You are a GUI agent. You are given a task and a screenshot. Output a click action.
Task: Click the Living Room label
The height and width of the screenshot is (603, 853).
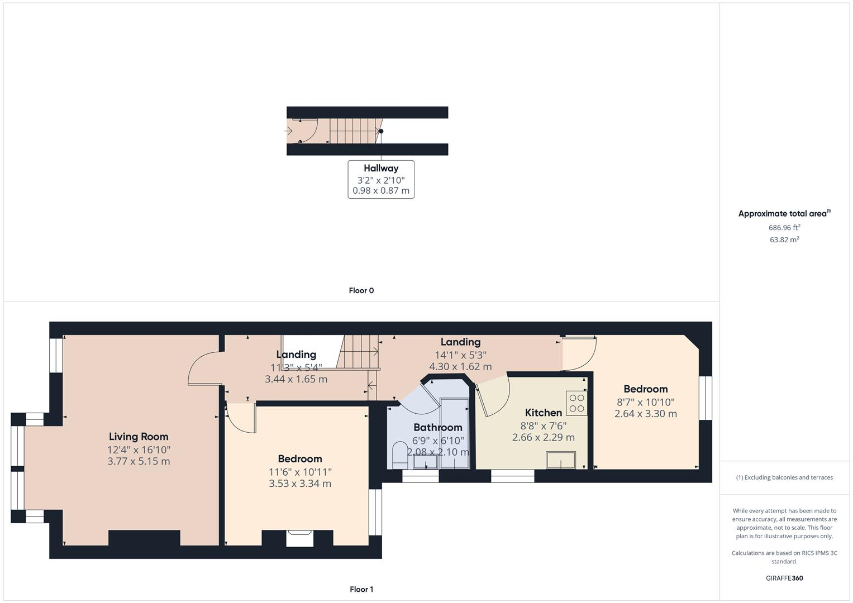pos(138,437)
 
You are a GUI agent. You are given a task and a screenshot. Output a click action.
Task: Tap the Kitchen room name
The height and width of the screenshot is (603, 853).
pos(543,413)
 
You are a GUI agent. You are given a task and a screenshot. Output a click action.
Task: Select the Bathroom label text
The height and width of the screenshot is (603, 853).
pos(437,428)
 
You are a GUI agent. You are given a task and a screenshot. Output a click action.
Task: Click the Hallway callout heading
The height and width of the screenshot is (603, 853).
pos(381,168)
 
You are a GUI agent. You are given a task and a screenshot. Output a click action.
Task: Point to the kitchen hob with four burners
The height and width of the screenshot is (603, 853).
pos(576,403)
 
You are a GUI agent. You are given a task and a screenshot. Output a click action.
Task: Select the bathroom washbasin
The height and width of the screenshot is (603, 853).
pos(425,462)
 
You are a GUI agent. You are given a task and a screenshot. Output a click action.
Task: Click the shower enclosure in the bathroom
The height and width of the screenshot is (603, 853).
pos(455,427)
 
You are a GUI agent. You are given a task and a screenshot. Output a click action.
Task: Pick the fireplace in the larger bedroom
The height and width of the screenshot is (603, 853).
pos(300,538)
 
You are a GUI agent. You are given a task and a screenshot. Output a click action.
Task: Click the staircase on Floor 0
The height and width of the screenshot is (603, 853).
pos(352,131)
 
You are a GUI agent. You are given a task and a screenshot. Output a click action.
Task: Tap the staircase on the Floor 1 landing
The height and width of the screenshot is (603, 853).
pos(358,352)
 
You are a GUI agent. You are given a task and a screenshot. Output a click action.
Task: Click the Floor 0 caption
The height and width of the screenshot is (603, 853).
pos(361,290)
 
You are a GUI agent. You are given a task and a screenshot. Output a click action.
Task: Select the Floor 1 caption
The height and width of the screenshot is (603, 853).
pos(361,589)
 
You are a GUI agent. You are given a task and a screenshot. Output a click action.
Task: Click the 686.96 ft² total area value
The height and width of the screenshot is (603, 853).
pos(784,227)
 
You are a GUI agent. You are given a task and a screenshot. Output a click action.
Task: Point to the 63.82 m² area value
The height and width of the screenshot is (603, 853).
pos(784,240)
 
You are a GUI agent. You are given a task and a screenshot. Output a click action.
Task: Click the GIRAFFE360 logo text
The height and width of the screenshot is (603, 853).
pos(784,578)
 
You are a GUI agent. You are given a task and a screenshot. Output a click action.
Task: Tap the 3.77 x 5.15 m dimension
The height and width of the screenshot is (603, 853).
pos(139,461)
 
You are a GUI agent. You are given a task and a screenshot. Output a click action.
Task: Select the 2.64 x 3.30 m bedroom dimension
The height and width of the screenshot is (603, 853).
pos(645,414)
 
